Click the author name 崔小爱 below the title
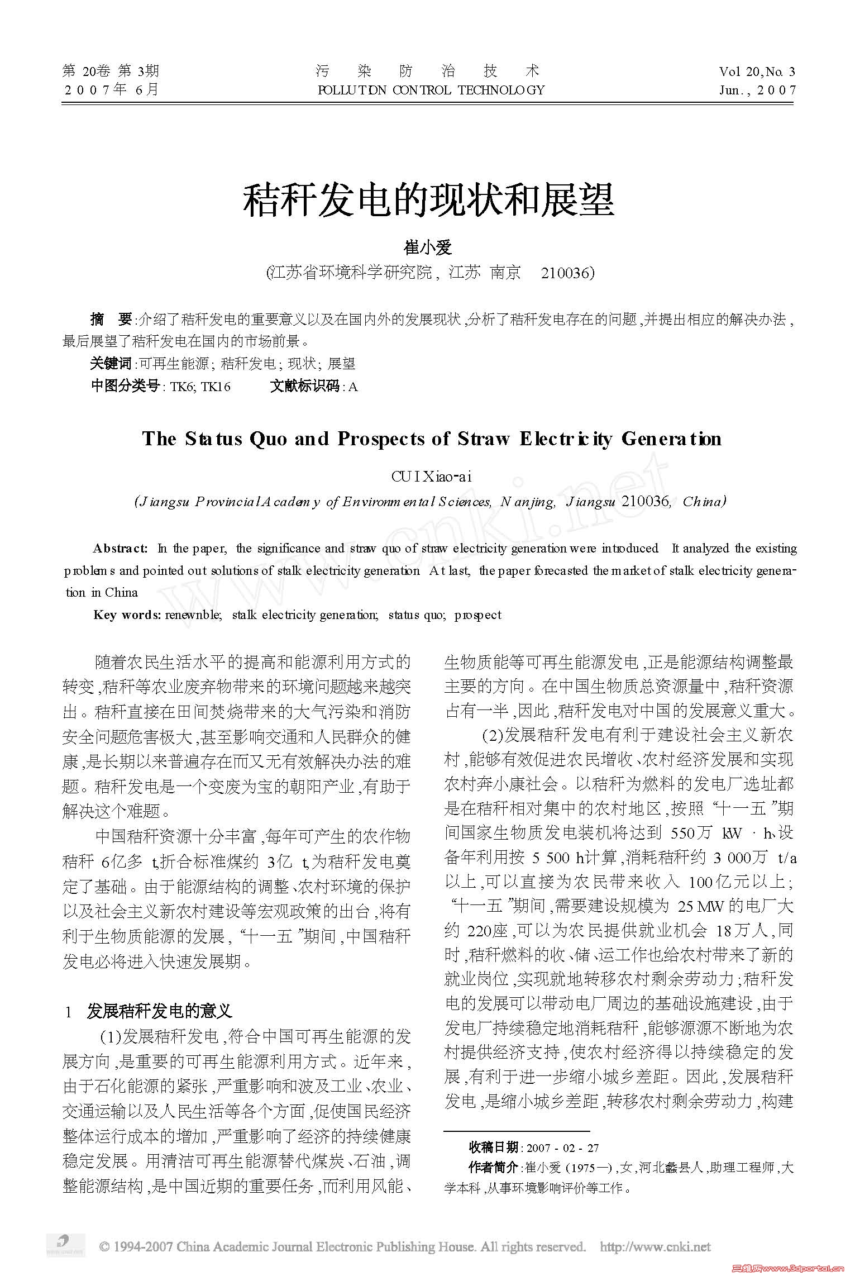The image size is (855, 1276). [427, 247]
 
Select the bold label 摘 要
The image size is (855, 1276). [111, 320]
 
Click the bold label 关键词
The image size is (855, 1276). [111, 364]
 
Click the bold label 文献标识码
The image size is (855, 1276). [304, 386]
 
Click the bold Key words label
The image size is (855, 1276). [127, 615]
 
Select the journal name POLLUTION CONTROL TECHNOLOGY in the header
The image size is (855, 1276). [431, 90]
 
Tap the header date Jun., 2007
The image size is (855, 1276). [757, 90]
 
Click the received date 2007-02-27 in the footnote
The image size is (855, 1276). [562, 1148]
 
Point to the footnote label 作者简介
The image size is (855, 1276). [493, 1167]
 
